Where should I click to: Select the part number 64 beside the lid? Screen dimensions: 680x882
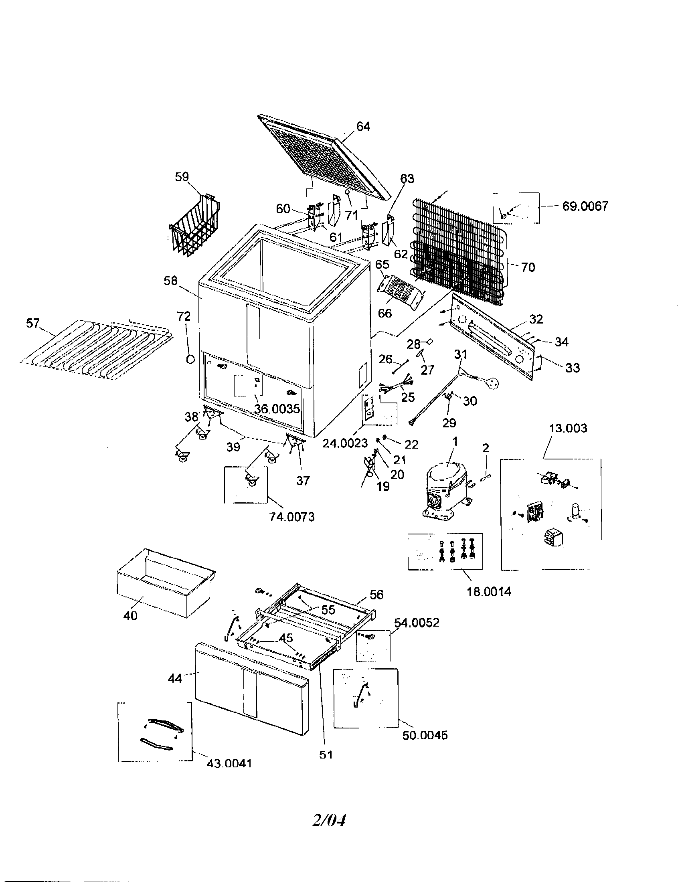(363, 126)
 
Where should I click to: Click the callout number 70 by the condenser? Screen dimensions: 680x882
(528, 267)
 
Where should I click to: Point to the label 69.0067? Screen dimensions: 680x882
(585, 206)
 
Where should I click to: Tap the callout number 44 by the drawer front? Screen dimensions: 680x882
(175, 679)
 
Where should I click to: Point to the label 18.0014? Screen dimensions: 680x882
(489, 592)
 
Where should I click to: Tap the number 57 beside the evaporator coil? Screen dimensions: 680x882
(33, 323)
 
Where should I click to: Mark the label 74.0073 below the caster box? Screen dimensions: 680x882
(291, 516)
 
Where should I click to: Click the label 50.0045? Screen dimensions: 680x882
(425, 735)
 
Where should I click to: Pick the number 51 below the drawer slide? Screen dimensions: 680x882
(326, 755)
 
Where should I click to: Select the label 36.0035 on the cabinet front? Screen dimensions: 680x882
(277, 409)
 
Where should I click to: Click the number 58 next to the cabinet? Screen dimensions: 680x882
(170, 281)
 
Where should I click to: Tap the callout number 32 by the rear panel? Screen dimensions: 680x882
(536, 319)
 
